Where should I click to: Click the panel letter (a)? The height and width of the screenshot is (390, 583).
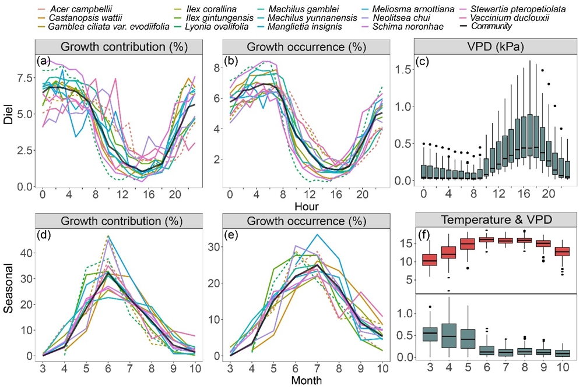click(44, 61)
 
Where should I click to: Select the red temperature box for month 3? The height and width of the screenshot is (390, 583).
click(429, 259)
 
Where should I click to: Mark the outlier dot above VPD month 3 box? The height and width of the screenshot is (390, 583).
click(430, 306)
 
